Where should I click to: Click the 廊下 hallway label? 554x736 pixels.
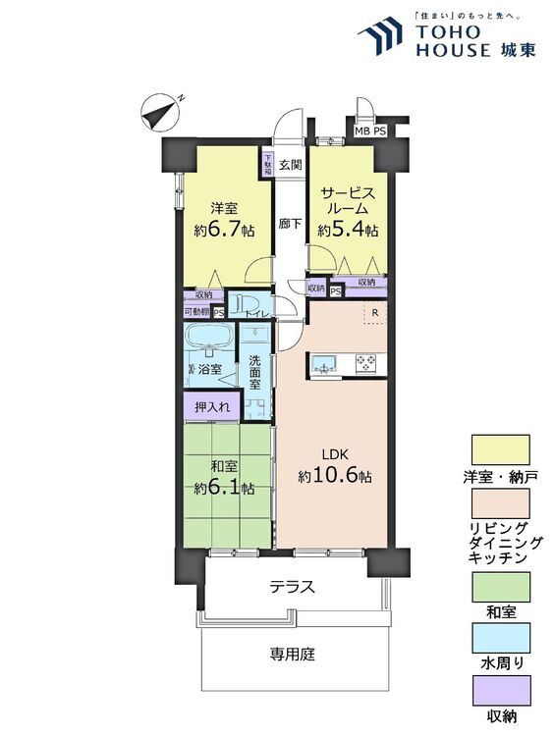tap(289, 224)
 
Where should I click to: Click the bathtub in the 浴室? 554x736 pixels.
tap(208, 341)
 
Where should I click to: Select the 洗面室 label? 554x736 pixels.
tap(256, 371)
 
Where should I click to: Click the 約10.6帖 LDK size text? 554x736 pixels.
tap(335, 475)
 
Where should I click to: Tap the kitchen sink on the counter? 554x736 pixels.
tap(324, 364)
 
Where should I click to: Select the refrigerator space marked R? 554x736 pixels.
tap(374, 314)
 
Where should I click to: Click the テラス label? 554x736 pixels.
tap(292, 587)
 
